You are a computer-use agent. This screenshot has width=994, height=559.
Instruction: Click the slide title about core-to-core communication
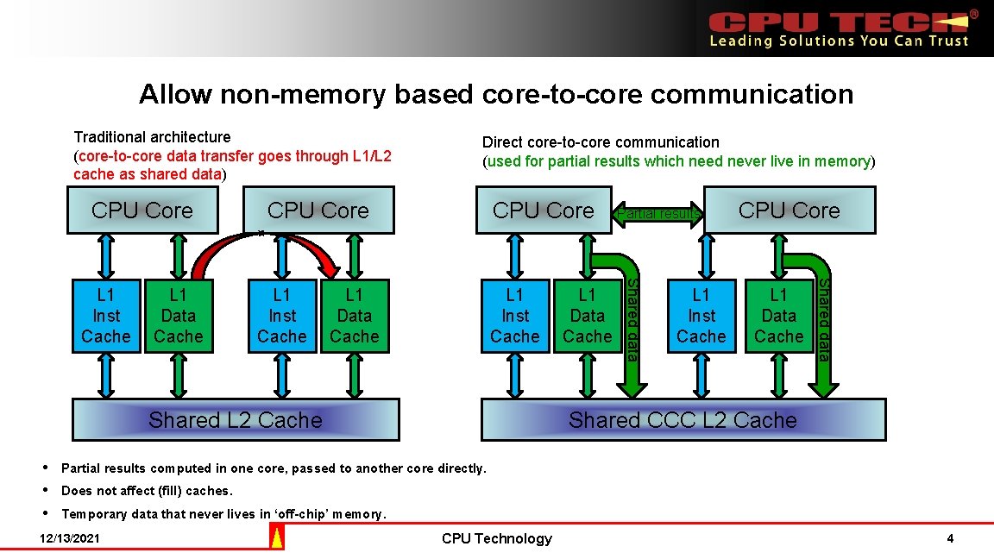click(x=496, y=93)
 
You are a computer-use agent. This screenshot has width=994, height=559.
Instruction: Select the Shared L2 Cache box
click(x=235, y=420)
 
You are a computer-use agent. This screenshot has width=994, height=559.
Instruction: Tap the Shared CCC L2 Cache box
click(x=683, y=420)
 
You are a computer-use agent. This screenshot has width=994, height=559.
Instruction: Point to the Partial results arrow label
click(x=658, y=214)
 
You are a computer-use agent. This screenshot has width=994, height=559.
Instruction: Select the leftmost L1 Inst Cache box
click(x=106, y=316)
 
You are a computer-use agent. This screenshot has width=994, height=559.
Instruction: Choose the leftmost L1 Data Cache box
click(x=179, y=316)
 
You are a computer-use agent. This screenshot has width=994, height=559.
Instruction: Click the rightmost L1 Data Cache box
click(x=779, y=316)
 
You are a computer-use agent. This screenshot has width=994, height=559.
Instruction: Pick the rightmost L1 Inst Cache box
click(x=701, y=316)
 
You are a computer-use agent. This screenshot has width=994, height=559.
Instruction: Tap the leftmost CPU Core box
click(x=142, y=210)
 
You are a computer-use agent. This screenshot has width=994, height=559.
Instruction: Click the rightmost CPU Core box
click(x=789, y=210)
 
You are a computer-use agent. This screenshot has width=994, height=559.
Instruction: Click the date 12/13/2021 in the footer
click(x=70, y=539)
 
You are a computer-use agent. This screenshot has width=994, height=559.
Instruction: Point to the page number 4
click(x=950, y=539)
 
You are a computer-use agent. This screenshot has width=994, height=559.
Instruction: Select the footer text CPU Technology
click(x=496, y=539)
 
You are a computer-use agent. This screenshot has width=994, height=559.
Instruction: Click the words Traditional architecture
click(x=153, y=137)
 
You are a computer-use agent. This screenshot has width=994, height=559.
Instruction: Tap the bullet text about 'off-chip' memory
click(x=224, y=514)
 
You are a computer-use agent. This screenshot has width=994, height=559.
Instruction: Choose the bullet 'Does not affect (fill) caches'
click(x=148, y=491)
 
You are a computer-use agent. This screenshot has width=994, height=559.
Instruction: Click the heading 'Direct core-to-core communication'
click(x=601, y=142)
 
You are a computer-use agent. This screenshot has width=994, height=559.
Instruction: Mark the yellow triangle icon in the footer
click(x=277, y=539)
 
